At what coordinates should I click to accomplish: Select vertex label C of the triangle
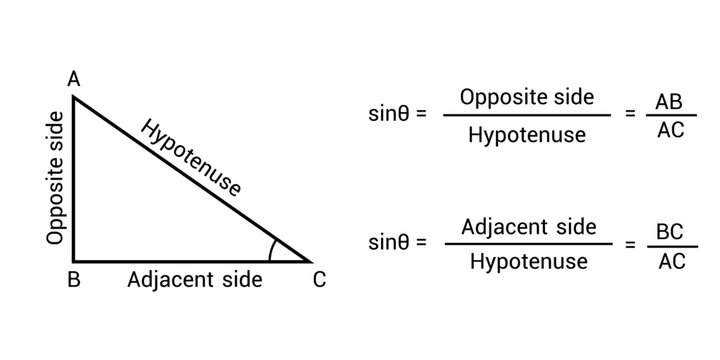[319, 281]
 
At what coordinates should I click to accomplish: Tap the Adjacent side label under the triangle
[195, 280]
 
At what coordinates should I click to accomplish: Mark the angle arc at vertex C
[277, 250]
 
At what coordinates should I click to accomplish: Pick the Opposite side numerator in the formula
[527, 97]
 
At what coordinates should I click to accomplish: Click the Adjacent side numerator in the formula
[528, 226]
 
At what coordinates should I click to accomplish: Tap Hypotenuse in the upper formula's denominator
[527, 134]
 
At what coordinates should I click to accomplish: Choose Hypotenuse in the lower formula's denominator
[527, 262]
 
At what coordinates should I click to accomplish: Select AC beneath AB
[670, 130]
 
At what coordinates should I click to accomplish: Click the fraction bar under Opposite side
[527, 115]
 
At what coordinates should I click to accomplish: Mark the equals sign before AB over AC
[629, 114]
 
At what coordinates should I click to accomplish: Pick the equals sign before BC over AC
[629, 242]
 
